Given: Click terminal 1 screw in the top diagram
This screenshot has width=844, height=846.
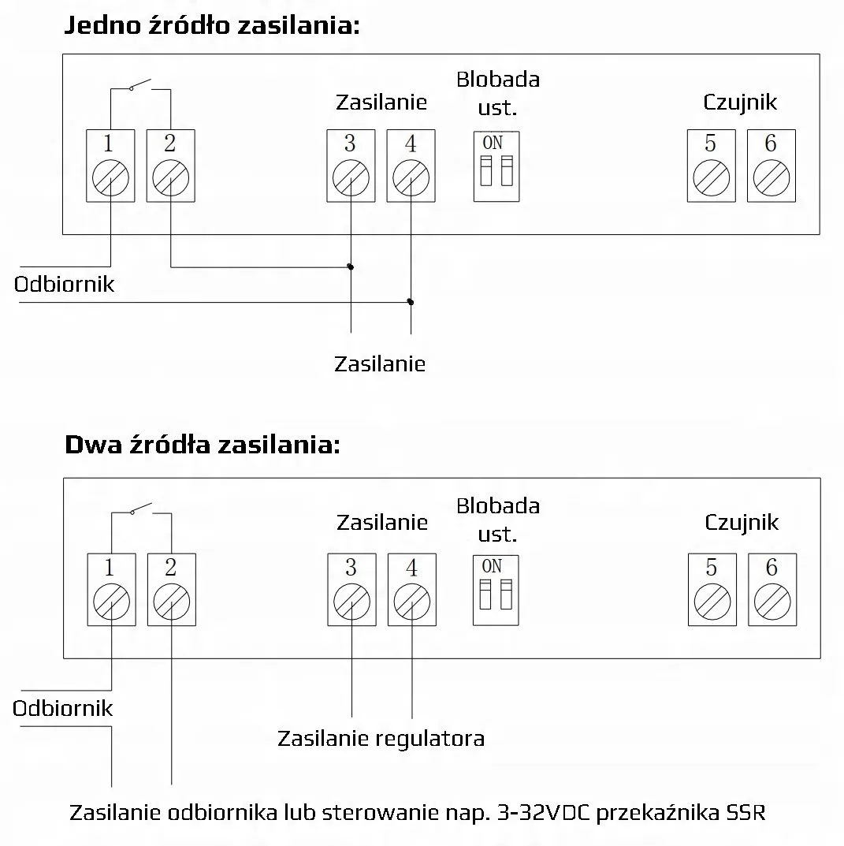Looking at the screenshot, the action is click(110, 178).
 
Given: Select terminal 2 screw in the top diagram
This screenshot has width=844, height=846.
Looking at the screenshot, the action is click(171, 178).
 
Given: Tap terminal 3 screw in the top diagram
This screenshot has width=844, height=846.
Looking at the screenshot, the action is click(351, 178).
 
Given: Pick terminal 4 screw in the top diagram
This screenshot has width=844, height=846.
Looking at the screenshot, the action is click(411, 178).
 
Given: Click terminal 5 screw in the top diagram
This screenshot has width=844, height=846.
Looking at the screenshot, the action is click(712, 178).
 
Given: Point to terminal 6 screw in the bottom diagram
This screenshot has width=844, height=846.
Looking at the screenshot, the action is click(772, 602).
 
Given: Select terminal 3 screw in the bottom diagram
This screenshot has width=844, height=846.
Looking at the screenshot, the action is click(351, 602).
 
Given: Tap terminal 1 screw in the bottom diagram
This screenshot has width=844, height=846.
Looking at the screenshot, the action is click(112, 602).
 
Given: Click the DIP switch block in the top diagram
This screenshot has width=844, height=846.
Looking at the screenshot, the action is click(496, 166).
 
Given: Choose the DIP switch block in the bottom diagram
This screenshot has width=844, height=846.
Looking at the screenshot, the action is click(496, 591).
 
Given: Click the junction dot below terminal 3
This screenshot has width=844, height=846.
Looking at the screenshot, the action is click(351, 266).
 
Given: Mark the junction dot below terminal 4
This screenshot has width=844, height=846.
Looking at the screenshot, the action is click(411, 302).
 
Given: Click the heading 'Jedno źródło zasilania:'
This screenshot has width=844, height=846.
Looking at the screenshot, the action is click(212, 25).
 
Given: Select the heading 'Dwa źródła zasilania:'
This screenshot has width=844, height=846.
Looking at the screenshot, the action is click(203, 445).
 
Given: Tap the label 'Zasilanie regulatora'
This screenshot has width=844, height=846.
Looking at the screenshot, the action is click(381, 738).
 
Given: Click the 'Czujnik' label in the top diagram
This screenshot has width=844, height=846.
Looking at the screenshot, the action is click(740, 102).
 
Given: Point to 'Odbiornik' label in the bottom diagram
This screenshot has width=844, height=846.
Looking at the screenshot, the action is click(62, 709).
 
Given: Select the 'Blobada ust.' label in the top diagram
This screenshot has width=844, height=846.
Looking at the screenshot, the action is click(498, 93).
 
